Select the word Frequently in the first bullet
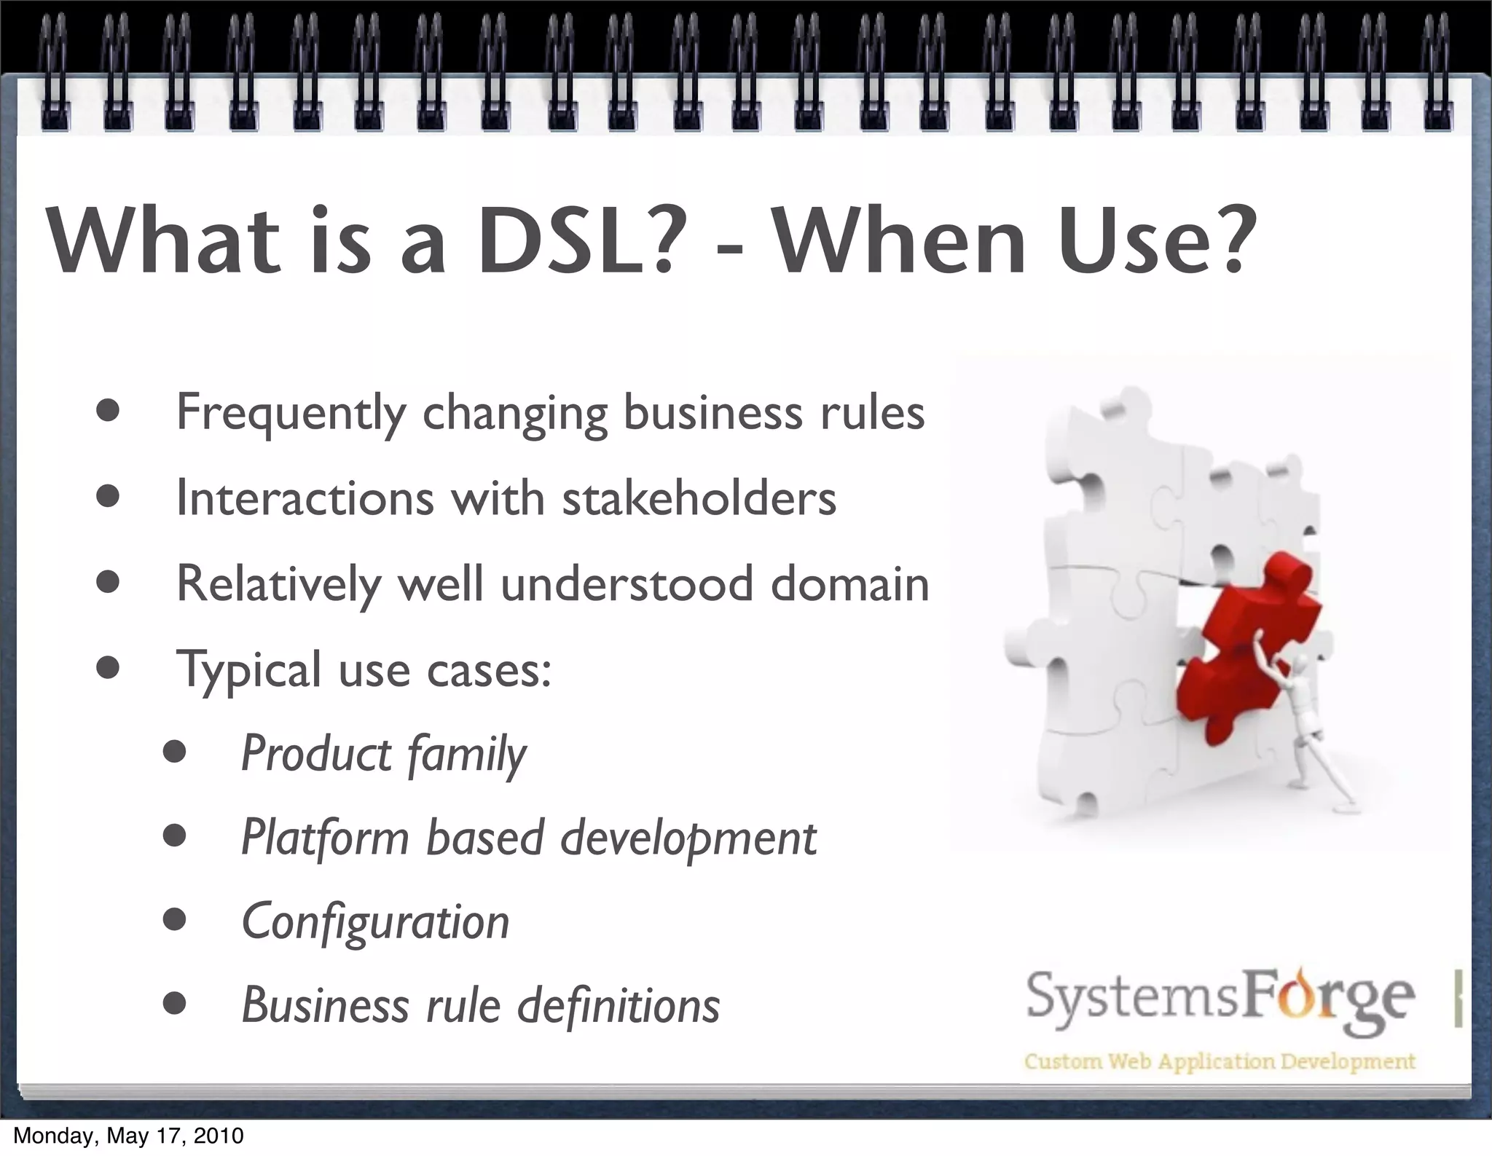tap(291, 413)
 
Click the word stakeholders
tap(699, 499)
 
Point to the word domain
tap(849, 584)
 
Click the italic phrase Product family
tap(383, 754)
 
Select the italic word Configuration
tap(375, 922)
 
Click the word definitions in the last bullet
tap(619, 1006)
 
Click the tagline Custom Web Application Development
tap(1220, 1061)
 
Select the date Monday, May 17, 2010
tap(128, 1136)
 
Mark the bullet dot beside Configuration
tap(174, 920)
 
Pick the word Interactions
tap(305, 499)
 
